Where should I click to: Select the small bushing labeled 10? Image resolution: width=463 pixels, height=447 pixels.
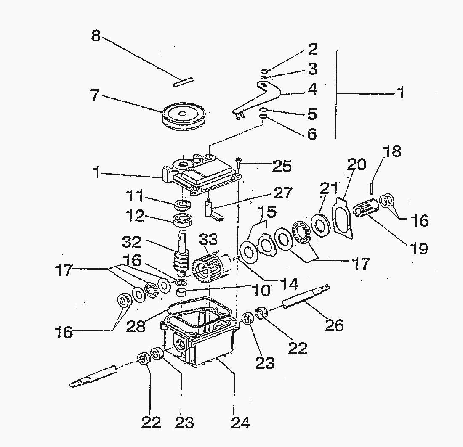click(181, 292)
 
